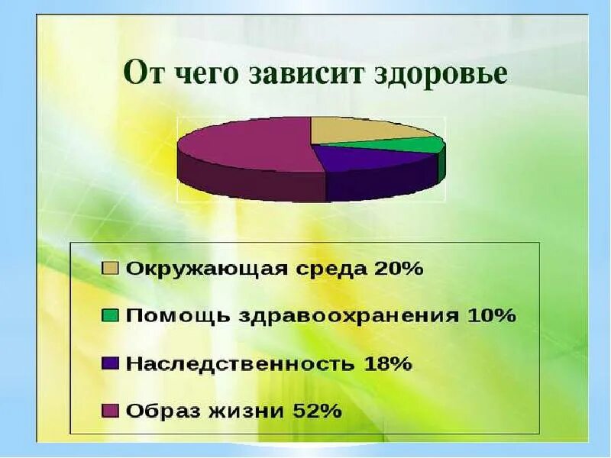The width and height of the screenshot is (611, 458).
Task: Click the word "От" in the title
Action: click(144, 76)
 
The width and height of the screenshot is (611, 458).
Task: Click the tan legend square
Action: click(111, 269)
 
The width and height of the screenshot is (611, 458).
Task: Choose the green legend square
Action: click(111, 315)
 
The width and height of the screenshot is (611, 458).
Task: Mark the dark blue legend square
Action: click(111, 363)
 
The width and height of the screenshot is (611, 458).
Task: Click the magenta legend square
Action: click(111, 411)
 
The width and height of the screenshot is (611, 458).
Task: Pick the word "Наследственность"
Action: click(239, 363)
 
